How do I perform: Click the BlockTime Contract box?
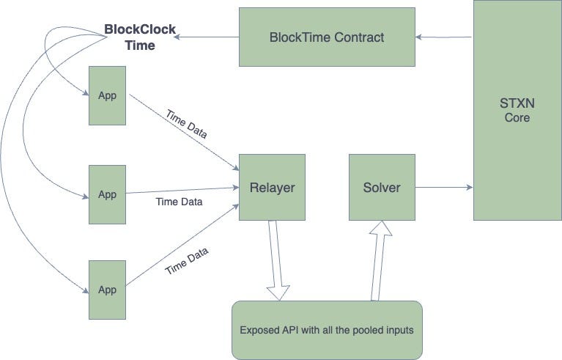point(327,37)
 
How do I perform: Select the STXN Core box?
point(517,110)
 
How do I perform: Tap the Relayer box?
point(272,188)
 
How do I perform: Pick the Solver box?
point(382,188)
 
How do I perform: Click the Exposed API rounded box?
point(327,330)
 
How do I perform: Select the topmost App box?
point(107,96)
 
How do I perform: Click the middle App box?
point(107,194)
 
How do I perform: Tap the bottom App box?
point(107,289)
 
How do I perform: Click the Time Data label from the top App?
point(186,125)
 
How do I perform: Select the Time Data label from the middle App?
point(179,202)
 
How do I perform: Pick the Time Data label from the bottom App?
point(186,261)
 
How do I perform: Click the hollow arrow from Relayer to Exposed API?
point(277,260)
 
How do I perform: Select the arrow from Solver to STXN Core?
point(444,188)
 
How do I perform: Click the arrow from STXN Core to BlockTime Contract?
point(444,37)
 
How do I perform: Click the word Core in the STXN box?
point(517,118)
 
